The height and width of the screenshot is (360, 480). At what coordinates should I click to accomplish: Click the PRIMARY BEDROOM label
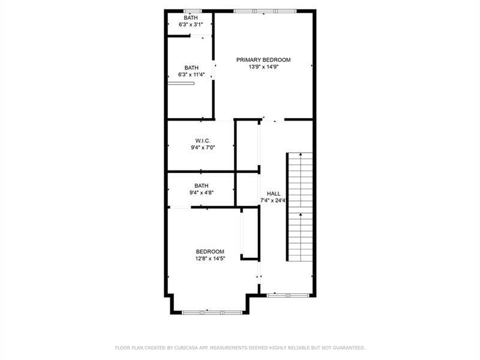(x=263, y=59)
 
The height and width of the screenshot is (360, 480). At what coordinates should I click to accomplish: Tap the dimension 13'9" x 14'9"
(x=263, y=67)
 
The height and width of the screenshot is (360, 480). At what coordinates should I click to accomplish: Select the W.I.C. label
(x=202, y=140)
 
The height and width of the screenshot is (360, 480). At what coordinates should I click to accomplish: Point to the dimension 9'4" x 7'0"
(x=202, y=148)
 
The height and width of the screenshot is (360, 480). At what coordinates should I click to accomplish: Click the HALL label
(x=274, y=193)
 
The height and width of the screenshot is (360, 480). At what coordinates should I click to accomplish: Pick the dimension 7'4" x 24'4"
(x=274, y=200)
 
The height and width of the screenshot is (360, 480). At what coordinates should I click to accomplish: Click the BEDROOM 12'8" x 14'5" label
(x=209, y=251)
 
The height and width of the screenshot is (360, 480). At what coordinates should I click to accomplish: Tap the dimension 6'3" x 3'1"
(x=191, y=25)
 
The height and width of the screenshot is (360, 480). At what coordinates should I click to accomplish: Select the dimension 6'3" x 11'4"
(x=191, y=74)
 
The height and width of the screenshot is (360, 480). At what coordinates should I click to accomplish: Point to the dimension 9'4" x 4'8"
(x=202, y=193)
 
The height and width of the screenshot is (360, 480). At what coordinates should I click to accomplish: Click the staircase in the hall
(x=300, y=206)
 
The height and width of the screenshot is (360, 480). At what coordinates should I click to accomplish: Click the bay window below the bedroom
(x=212, y=312)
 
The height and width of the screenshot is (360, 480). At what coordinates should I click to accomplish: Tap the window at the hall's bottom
(x=288, y=295)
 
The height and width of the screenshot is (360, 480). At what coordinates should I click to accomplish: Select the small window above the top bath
(x=192, y=10)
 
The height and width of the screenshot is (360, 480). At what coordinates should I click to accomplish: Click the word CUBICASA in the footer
(x=188, y=347)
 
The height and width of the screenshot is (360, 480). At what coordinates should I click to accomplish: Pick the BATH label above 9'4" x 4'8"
(x=201, y=185)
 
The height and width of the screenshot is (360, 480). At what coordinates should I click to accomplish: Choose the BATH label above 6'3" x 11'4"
(x=191, y=67)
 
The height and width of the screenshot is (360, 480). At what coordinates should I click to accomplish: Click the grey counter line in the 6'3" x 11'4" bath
(x=181, y=84)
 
